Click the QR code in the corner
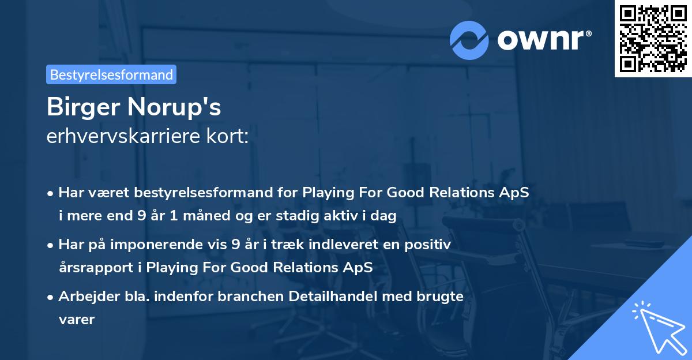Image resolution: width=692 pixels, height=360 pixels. click(653, 39)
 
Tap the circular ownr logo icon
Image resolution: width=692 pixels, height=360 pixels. click(470, 40)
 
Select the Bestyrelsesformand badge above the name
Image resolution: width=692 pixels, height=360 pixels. click(111, 74)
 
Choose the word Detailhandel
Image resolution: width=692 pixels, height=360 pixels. click(337, 296)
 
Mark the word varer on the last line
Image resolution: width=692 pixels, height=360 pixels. click(76, 319)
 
